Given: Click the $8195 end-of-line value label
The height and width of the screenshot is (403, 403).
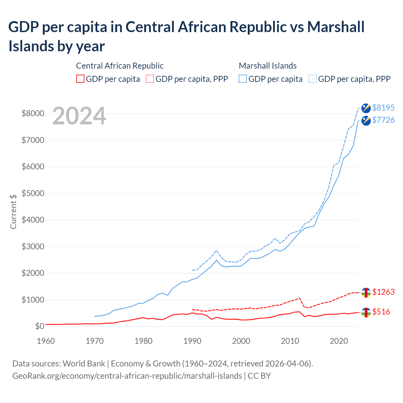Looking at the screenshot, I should [x=383, y=108].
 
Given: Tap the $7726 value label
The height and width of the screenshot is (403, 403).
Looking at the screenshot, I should [x=383, y=120].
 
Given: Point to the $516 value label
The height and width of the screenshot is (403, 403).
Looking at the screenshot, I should [x=381, y=312].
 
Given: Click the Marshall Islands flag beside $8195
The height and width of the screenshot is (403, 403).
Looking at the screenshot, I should [x=366, y=108].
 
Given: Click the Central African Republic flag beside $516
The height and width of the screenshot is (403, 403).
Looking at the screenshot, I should [x=366, y=312].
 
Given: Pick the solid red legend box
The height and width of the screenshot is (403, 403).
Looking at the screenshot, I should [x=80, y=79].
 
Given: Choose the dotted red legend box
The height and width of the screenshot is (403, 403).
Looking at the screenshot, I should [x=150, y=79].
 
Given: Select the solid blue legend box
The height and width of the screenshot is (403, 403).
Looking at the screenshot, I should [x=243, y=79].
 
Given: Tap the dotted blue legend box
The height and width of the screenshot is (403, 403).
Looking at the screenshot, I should [x=313, y=79].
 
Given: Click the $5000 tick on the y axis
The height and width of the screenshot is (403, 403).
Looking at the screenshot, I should [x=33, y=193].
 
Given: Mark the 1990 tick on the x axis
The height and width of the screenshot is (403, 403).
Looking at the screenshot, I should [x=192, y=341].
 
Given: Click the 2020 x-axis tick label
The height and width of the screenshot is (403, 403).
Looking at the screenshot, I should [x=339, y=341].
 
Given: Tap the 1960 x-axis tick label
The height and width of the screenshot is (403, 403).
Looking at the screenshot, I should [x=46, y=341].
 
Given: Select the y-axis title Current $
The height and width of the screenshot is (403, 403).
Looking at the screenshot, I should [x=13, y=212].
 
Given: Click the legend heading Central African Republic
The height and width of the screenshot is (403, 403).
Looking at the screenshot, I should [x=120, y=66].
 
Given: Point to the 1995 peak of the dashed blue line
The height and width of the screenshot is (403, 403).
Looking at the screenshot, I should [x=216, y=250].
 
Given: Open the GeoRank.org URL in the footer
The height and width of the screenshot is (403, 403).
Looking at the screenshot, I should [x=127, y=376].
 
